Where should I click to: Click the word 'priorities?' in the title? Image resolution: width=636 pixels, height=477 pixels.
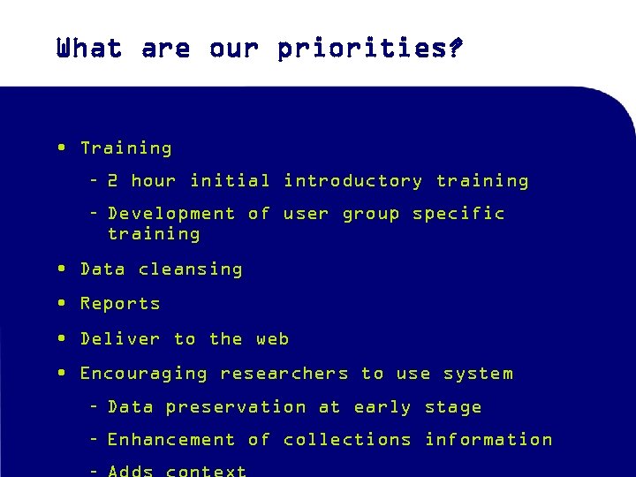click(369, 49)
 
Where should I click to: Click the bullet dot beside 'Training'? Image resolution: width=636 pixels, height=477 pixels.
click(60, 148)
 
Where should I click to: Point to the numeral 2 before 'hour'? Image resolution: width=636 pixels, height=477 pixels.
click(113, 181)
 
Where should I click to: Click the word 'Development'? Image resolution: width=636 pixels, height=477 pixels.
click(171, 214)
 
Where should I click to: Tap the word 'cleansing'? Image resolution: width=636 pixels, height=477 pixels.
click(190, 269)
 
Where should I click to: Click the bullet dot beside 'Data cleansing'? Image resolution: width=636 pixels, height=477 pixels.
click(60, 269)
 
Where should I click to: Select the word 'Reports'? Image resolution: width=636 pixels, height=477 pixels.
click(120, 304)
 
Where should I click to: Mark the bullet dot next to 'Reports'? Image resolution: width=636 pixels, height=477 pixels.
click(60, 303)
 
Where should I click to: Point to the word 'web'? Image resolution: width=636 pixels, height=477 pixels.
click(273, 339)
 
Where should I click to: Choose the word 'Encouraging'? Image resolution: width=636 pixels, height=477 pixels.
click(144, 374)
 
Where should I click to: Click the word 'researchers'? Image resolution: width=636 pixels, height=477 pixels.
click(284, 374)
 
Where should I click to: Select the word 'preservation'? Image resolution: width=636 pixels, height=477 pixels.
click(236, 407)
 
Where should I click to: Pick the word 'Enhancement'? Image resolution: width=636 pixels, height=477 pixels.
click(171, 440)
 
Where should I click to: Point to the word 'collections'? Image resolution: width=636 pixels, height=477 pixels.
click(347, 440)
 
